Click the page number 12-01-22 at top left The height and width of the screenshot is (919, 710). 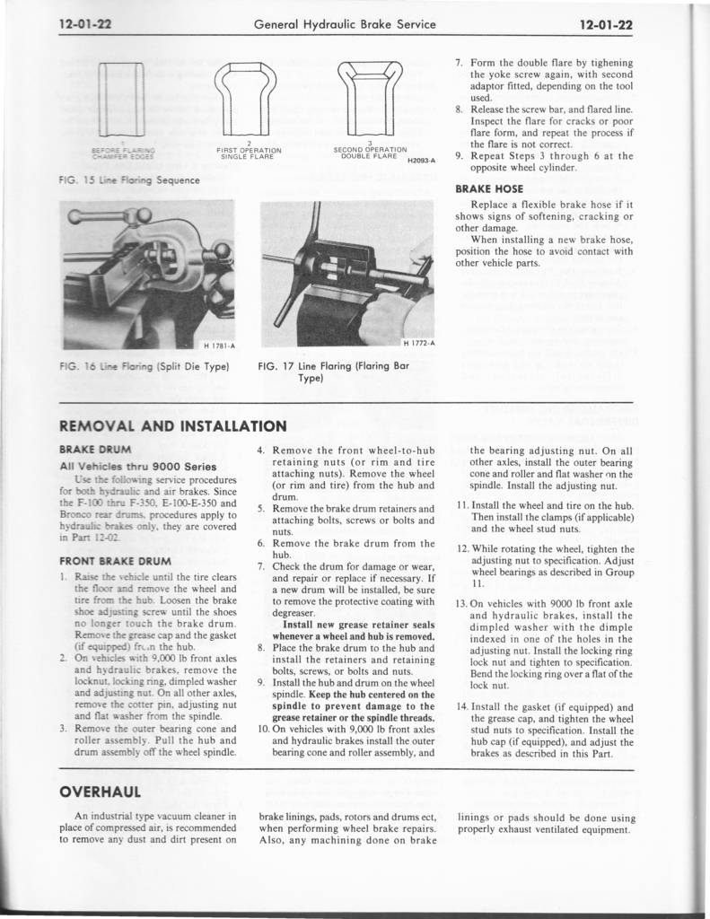pyautogui.click(x=85, y=24)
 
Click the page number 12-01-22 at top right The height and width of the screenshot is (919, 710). pyautogui.click(x=606, y=24)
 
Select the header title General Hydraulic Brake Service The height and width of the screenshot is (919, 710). pyautogui.click(x=346, y=24)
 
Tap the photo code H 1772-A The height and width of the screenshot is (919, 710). pyautogui.click(x=417, y=342)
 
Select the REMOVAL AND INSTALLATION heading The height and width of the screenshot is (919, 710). pyautogui.click(x=172, y=425)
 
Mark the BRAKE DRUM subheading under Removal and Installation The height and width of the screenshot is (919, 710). pyautogui.click(x=95, y=448)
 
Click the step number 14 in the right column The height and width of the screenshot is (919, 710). pyautogui.click(x=463, y=706)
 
